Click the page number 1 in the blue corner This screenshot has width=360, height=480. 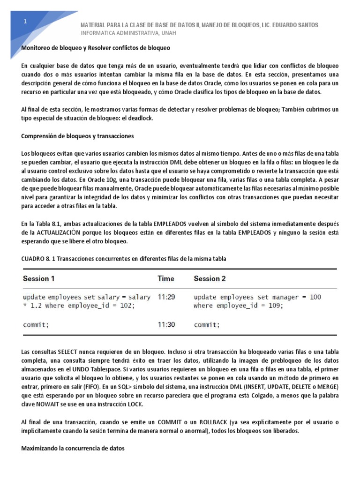point(26,22)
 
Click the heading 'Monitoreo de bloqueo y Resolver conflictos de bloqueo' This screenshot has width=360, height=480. point(96,48)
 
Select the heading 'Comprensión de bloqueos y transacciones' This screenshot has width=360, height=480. point(78,136)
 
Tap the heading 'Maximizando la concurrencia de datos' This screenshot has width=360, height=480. point(73,448)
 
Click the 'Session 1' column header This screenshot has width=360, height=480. point(39,278)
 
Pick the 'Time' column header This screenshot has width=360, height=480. point(166,278)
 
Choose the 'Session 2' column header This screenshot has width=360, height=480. point(210,278)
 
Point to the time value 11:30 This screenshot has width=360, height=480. point(166,324)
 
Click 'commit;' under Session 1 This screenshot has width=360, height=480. point(36,324)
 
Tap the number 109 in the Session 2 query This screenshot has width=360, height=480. point(275,306)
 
